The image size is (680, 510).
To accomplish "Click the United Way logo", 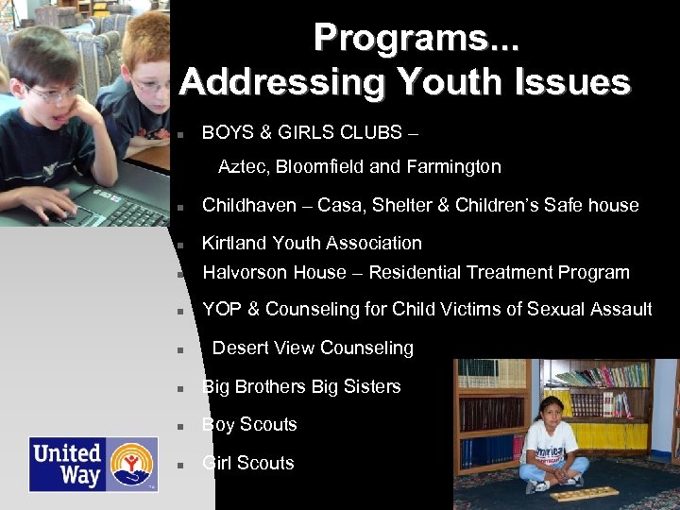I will pos(92,464).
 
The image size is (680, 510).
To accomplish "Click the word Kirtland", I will pos(234,244).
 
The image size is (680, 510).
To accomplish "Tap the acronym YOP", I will pos(222,310).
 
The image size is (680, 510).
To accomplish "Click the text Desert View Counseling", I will pos(313,348).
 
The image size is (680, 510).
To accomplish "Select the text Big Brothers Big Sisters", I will pos(301,387).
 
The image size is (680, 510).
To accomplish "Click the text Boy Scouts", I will pos(249,425).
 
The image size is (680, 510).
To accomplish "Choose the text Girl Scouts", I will pos(247,464).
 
